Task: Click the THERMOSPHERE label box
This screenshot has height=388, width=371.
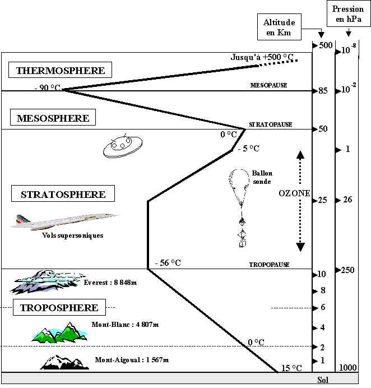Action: coord(61,71)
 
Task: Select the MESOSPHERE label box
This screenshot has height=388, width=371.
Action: coord(53,118)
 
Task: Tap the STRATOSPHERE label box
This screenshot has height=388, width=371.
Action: coord(63,195)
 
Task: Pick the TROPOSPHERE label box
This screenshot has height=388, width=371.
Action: coord(59,307)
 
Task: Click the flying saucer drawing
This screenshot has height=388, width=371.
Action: coord(120,146)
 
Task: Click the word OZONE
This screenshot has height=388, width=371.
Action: coord(294,192)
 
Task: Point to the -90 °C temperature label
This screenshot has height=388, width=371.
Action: coord(48,89)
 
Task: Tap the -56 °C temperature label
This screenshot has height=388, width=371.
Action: coord(168,262)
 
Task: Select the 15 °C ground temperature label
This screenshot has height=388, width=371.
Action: coord(291,368)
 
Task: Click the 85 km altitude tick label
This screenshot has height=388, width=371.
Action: coord(323,91)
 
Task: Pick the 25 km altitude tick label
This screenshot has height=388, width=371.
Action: coord(323,200)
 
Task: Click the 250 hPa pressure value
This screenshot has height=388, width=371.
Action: coord(347,270)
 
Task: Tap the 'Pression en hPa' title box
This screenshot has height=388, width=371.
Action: coord(347,14)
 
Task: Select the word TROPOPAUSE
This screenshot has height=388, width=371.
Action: coord(269,264)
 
